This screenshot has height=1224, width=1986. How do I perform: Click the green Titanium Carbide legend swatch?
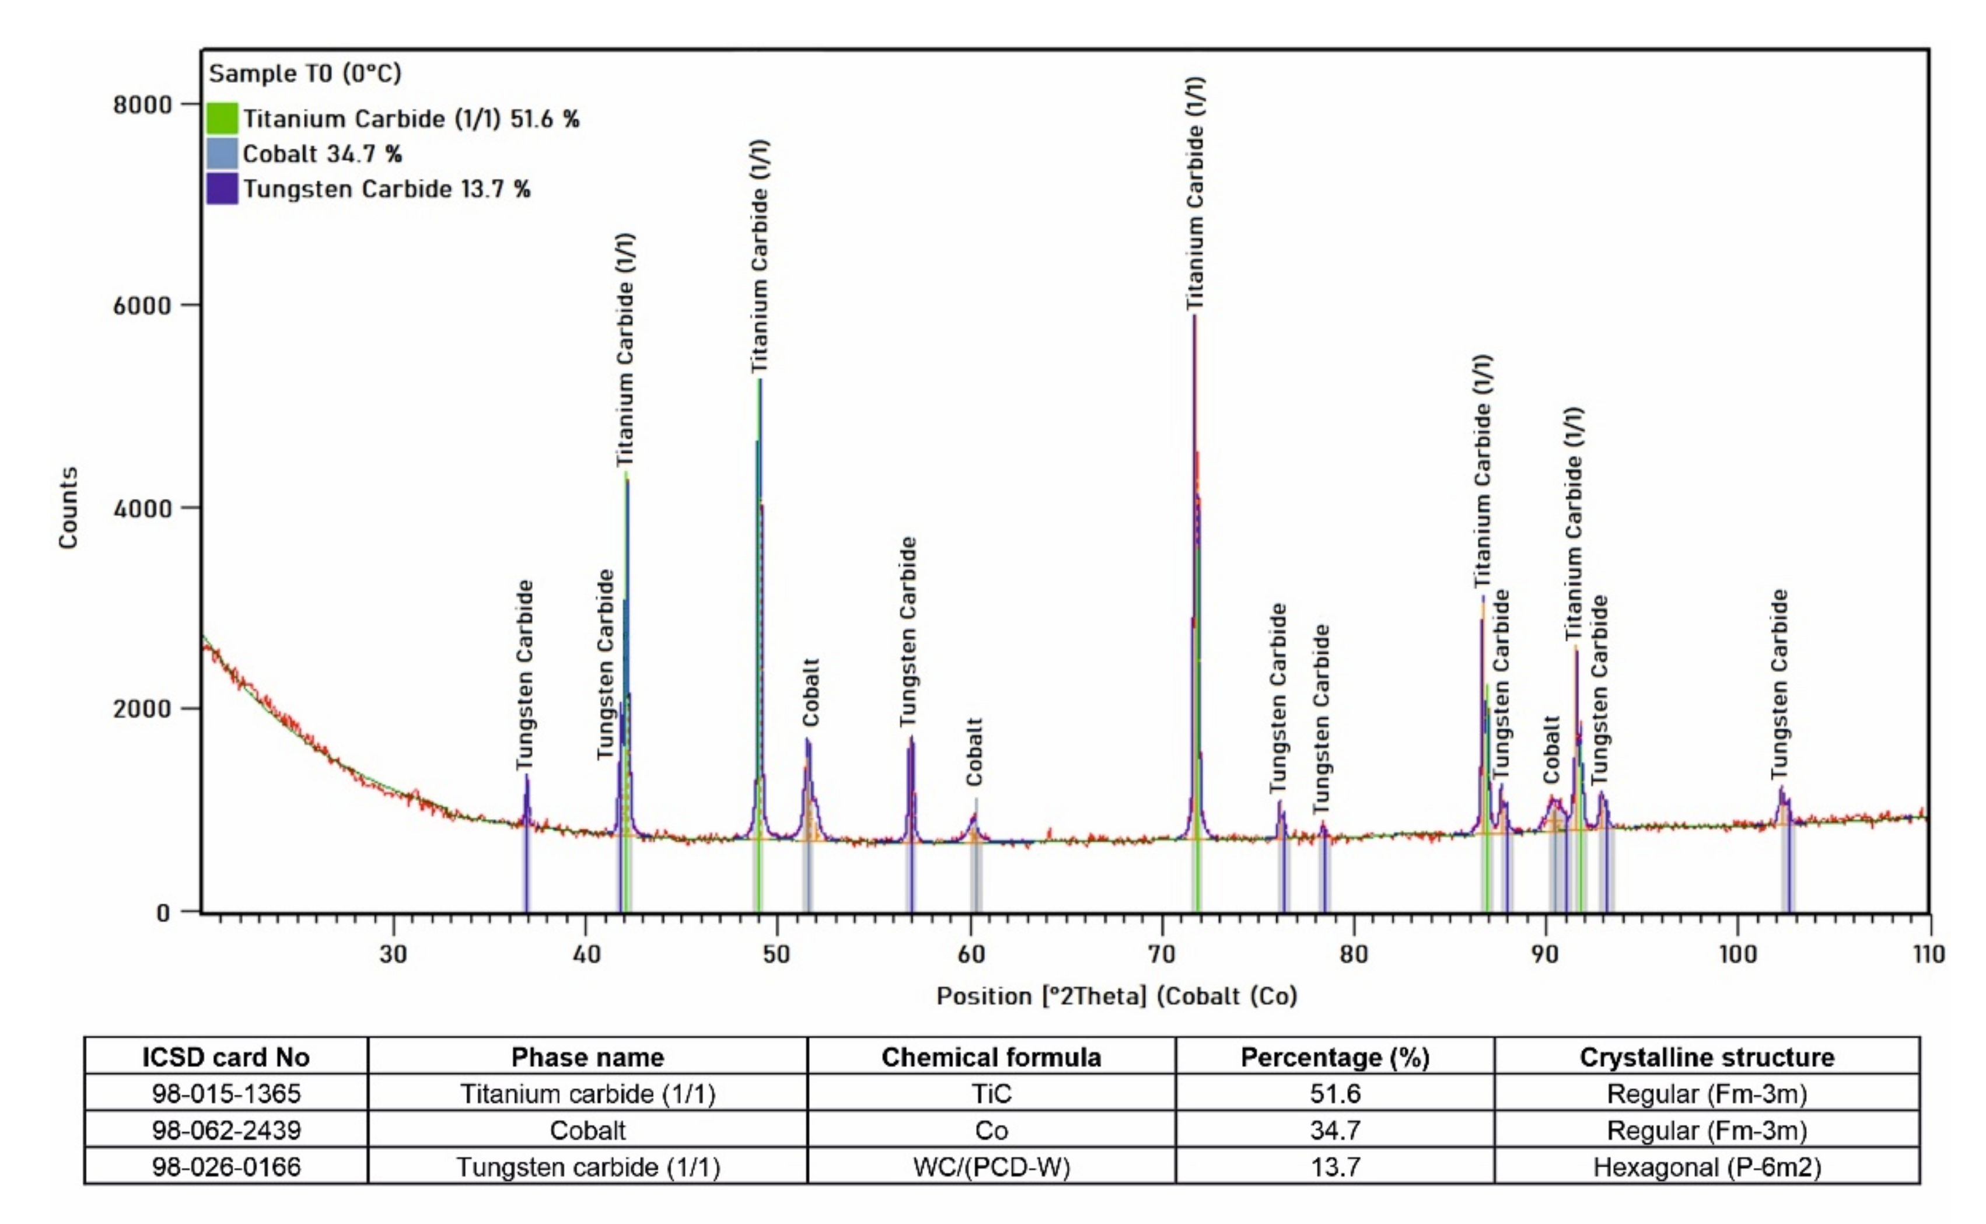coord(222,118)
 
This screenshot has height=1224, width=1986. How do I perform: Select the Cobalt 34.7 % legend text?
coord(322,154)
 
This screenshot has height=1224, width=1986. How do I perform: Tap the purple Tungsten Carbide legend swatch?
coord(222,188)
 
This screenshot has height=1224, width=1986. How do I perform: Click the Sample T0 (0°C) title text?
coord(305,74)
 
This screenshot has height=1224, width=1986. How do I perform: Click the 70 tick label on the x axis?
coord(1162,954)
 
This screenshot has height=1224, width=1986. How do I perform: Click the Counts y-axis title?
coord(69,508)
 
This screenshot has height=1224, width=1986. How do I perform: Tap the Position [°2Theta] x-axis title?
coord(1117,996)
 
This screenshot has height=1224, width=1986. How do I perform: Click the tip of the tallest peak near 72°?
coord(1194,317)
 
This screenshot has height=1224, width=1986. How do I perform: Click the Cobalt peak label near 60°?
coord(974,751)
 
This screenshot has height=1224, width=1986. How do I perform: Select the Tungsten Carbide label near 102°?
coord(1779,684)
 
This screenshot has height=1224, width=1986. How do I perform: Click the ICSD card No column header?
coord(226,1057)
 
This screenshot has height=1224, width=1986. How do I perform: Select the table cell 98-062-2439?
coord(226,1130)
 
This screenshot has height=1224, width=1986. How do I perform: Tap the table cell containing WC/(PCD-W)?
coord(991,1166)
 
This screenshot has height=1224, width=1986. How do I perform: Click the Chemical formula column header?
coord(991,1057)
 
